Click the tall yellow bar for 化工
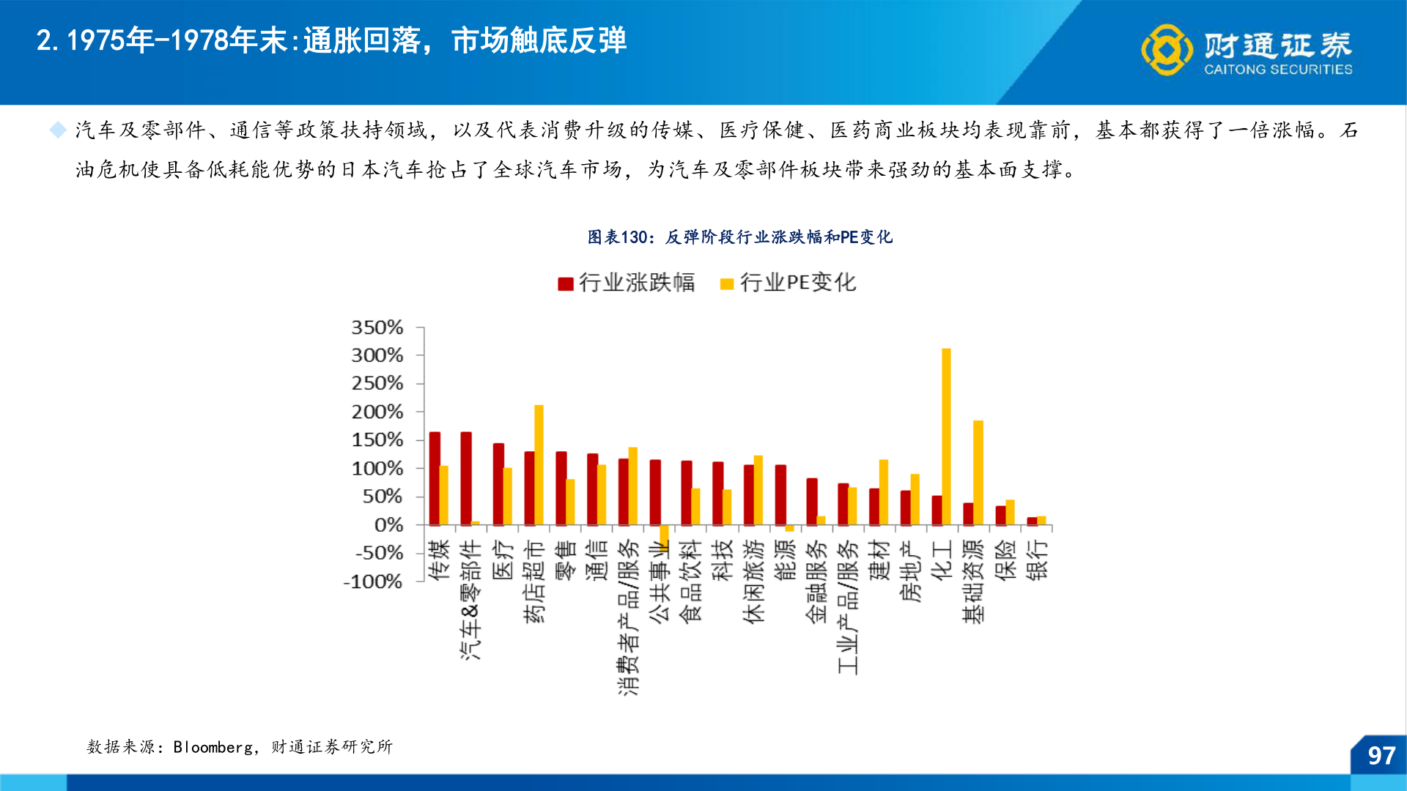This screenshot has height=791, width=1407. click(946, 437)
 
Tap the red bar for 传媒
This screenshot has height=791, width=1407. click(435, 478)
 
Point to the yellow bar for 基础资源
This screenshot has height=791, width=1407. click(978, 472)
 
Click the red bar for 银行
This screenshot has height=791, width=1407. click(1032, 521)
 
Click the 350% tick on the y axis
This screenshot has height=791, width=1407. click(377, 327)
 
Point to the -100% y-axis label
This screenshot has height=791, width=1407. click(373, 582)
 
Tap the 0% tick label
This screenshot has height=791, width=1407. click(388, 525)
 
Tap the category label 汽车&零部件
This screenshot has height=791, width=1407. click(470, 599)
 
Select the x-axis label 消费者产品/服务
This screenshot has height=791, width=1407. click(628, 617)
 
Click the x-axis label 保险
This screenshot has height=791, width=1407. click(1005, 560)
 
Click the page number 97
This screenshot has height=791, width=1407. click(1381, 756)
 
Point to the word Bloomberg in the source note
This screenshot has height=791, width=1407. click(213, 747)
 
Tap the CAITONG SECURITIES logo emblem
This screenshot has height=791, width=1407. click(1167, 50)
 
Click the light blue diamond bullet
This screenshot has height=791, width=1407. click(58, 130)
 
